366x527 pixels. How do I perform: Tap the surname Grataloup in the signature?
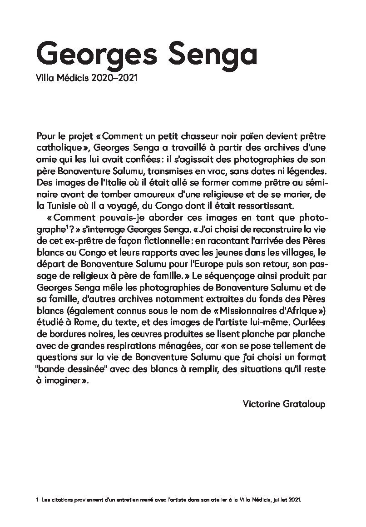pyautogui.click(x=304, y=404)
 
